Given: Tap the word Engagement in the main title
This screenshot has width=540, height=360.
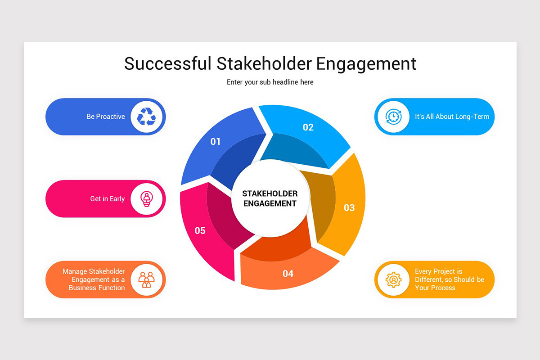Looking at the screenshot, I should [366, 63].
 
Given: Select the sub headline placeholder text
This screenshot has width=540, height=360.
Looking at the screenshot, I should [270, 82].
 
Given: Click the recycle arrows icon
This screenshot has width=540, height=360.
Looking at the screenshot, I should [146, 117].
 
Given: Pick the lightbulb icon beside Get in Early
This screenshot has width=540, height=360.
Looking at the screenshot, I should [146, 198].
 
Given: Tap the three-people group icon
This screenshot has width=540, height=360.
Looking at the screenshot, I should [146, 279].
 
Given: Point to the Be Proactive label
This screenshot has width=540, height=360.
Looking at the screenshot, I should [106, 117].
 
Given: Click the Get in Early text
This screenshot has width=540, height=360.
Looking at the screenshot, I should [107, 198].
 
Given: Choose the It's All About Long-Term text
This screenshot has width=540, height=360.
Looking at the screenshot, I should [452, 117].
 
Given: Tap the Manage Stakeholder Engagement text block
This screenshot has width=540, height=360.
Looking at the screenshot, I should [94, 279].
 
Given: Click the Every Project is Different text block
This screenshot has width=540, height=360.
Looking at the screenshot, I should [449, 279].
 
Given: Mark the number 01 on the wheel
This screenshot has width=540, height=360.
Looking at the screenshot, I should [216, 142].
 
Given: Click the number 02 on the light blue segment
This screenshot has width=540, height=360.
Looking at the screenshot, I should [308, 127].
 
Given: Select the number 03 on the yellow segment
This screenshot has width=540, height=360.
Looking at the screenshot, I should [349, 208].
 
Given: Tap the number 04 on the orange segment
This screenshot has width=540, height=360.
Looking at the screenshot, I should [288, 274].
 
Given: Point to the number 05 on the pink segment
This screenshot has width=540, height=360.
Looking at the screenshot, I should [200, 231].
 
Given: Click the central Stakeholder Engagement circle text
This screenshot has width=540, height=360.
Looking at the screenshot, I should [270, 198].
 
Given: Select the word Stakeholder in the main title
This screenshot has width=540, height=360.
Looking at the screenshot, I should [264, 63].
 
